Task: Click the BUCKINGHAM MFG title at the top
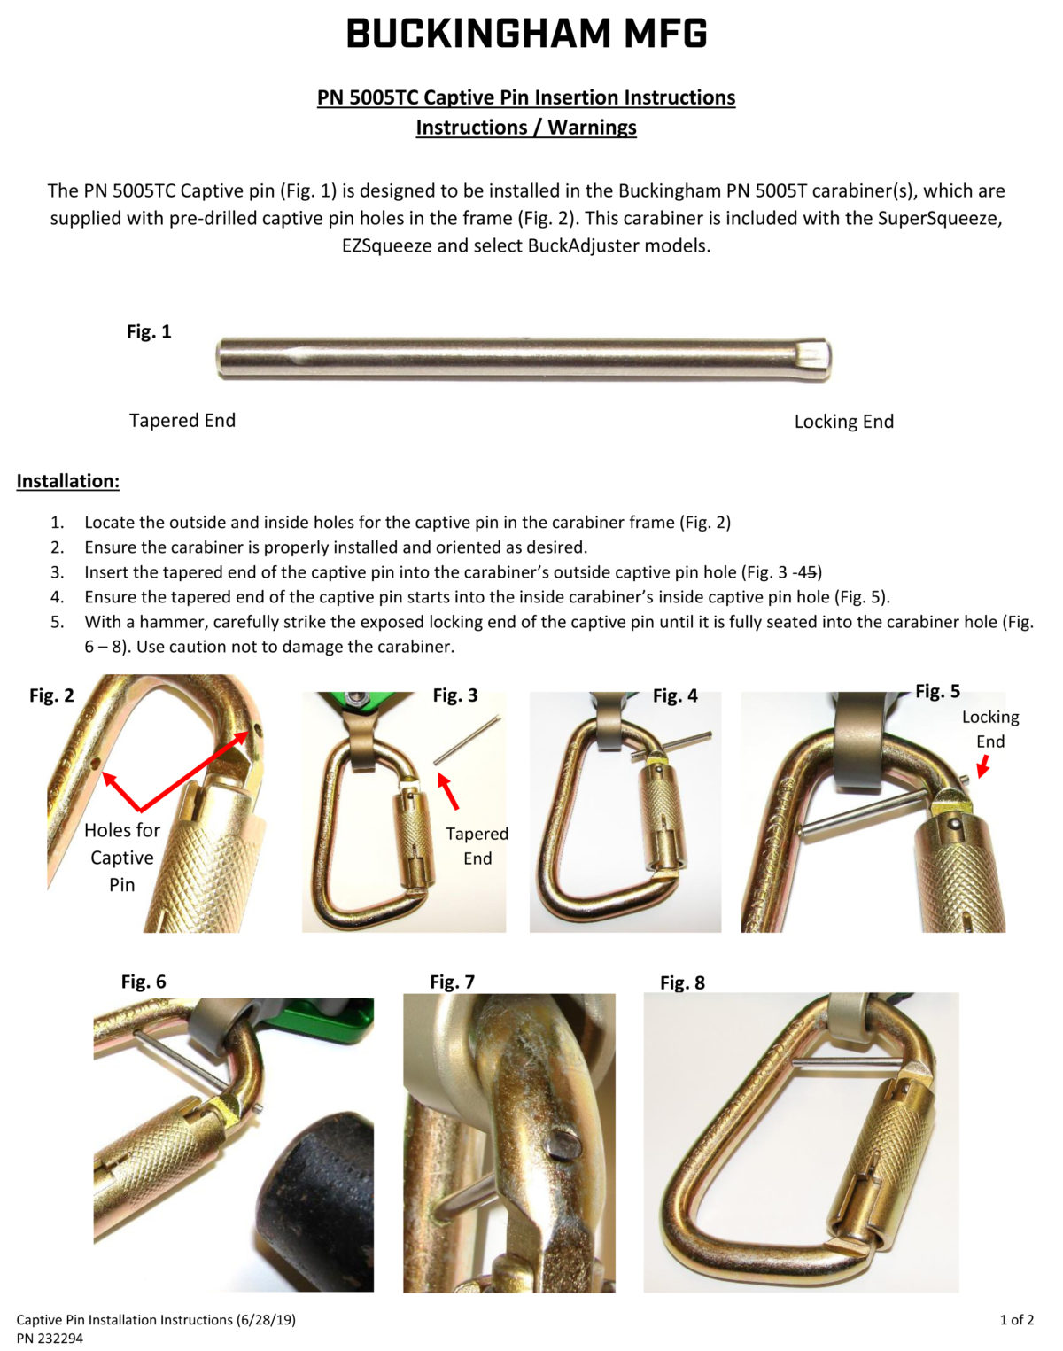(526, 35)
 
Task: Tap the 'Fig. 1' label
(149, 331)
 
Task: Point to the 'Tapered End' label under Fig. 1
(182, 420)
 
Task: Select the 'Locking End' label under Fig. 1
(843, 422)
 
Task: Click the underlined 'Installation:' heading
(68, 481)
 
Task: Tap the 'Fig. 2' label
(51, 695)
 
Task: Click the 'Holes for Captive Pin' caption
(122, 857)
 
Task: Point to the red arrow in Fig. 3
(450, 790)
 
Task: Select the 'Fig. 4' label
(675, 695)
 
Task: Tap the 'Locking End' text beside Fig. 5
(990, 728)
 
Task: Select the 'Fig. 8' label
(682, 982)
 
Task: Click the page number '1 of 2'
(1017, 1319)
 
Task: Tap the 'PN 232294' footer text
(50, 1339)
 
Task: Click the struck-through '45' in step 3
(808, 572)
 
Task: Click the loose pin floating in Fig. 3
(468, 738)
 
